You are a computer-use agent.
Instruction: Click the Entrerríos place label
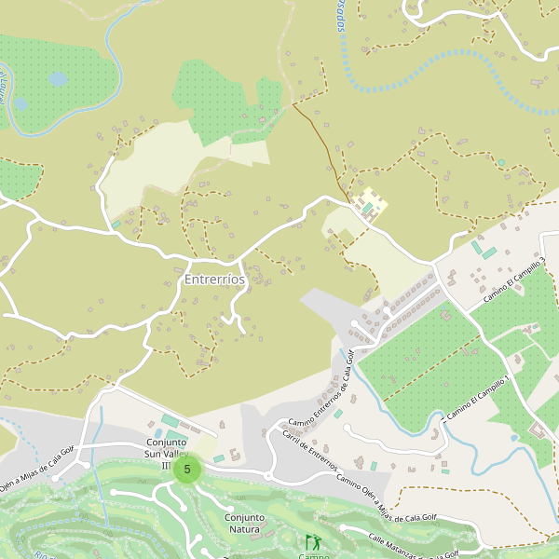tap(214, 279)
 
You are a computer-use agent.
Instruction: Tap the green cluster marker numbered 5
tap(187, 470)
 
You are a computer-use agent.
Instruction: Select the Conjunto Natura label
tap(244, 523)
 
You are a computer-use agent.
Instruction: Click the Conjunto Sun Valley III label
tap(167, 453)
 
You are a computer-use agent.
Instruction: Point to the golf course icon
tap(312, 541)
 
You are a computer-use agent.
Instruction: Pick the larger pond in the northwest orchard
tap(58, 79)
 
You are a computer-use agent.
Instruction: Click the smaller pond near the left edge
tap(20, 104)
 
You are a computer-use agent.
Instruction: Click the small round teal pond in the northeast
tap(501, 162)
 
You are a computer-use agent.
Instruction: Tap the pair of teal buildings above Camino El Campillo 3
tap(484, 251)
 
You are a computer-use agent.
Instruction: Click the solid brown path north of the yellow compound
tap(319, 140)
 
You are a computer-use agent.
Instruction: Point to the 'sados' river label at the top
tap(340, 16)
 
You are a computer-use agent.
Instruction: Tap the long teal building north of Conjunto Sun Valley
tap(170, 421)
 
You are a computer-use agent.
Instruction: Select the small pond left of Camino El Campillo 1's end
tap(513, 437)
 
